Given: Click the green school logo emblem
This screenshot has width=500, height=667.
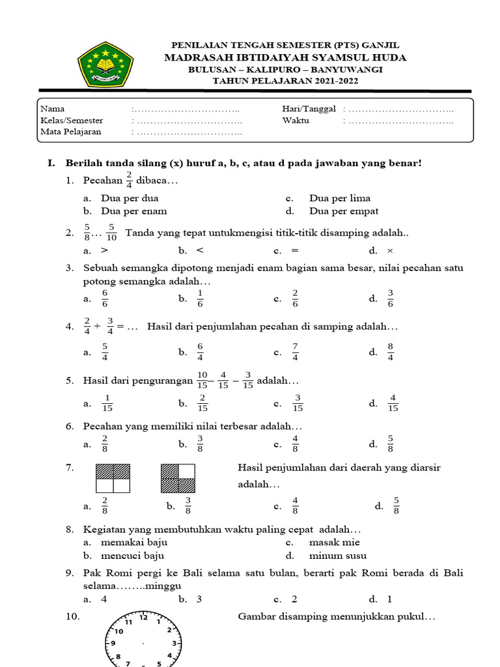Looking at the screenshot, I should coord(105,64).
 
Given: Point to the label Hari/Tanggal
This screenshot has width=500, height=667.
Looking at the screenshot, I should coord(309,109).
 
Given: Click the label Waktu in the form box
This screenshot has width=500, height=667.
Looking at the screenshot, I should coord(296,121).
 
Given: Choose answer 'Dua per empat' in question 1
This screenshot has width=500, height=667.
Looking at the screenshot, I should coord(344,211).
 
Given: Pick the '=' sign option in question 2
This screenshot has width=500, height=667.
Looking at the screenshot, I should coord(295,250).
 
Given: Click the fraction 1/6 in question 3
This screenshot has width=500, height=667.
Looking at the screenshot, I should coord(200,298).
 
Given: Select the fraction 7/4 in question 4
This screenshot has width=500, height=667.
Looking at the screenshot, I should coord(295,352).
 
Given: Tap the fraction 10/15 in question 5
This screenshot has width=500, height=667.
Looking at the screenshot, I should coord(202,380).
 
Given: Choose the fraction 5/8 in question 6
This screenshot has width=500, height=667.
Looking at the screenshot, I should coord(391,444).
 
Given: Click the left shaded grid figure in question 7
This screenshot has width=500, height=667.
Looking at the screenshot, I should coord(113,478).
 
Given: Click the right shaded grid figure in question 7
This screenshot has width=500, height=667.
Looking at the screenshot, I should coord(178,478).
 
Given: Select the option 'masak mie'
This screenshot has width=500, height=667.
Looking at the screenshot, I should coord(335,542).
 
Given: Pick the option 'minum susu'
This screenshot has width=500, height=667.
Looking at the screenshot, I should coord(337,556).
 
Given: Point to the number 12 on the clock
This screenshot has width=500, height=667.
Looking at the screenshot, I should coord(143,617).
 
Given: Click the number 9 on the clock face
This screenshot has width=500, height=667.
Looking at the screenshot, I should coord(113,644).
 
